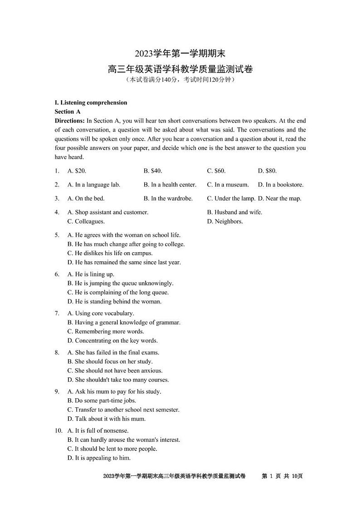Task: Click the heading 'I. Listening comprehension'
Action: pos(91,103)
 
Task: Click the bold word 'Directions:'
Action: pos(69,121)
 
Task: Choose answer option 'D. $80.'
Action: pos(267,171)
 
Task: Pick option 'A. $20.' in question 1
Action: pos(77,171)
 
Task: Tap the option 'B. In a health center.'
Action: pos(170,185)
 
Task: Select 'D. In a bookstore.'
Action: pos(281,185)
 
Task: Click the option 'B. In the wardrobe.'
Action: pos(168,198)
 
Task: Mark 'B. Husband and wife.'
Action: pos(234,212)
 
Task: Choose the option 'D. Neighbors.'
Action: pos(225,221)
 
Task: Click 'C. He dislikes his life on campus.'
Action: pos(110,253)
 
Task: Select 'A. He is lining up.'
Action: pos(91,274)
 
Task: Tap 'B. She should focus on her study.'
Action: pos(110,362)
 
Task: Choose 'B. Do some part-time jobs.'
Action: pos(102,401)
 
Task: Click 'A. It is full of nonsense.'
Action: pos(98,431)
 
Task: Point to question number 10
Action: pos(58,431)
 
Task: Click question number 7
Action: pos(57,313)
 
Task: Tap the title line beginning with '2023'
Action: pos(180,54)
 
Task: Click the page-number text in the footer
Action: pos(282,476)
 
